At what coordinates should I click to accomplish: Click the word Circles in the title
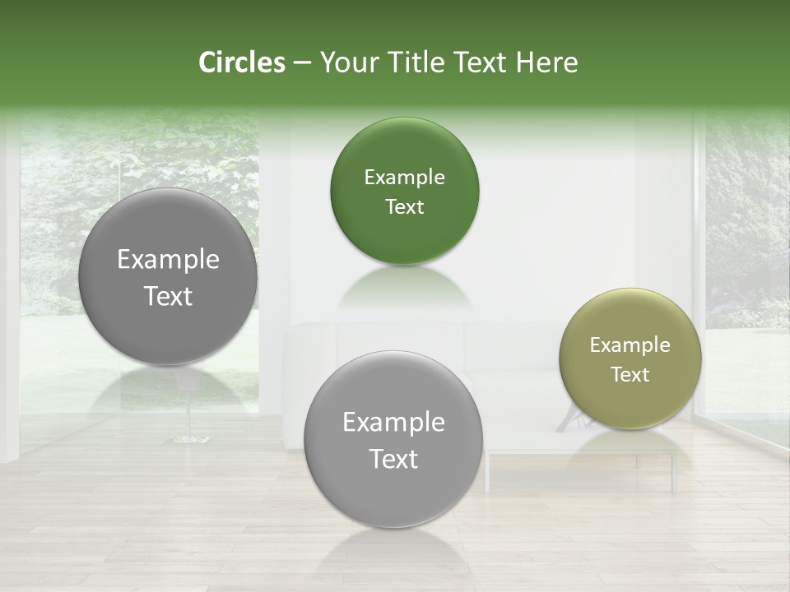(x=241, y=62)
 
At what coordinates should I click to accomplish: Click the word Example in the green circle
(x=404, y=178)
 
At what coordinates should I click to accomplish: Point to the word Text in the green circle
(x=404, y=207)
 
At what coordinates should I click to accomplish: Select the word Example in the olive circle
(x=630, y=345)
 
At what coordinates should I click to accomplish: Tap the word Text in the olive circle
(x=630, y=375)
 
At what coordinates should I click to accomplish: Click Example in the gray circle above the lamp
(x=168, y=260)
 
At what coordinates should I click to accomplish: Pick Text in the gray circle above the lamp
(x=168, y=297)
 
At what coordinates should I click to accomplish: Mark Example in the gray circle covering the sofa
(x=393, y=423)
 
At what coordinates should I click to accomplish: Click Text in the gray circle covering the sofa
(x=393, y=459)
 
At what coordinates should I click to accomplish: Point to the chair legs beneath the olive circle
(x=571, y=421)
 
